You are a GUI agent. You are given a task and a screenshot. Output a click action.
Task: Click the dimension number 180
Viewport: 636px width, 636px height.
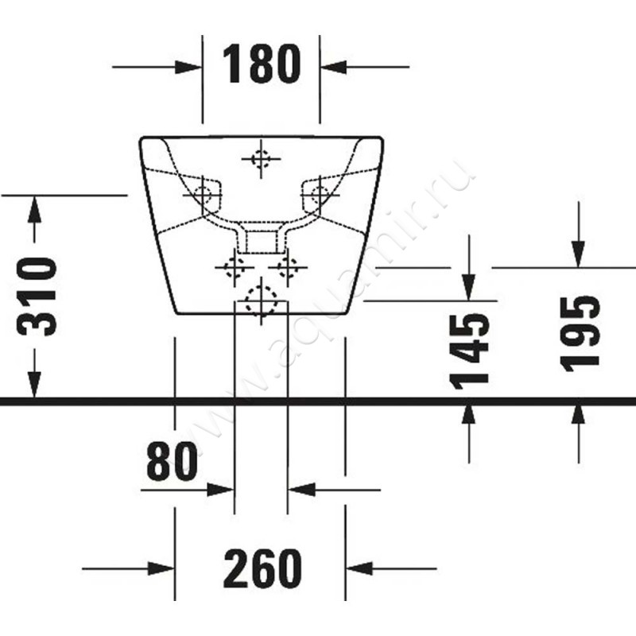262,64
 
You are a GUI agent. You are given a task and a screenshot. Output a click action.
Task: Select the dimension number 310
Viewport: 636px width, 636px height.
36,297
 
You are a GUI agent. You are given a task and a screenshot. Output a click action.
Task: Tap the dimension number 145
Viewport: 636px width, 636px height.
470,351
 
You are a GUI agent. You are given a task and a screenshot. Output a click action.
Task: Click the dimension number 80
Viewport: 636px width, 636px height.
172,461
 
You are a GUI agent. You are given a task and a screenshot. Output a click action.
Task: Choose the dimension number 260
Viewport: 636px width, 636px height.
262,568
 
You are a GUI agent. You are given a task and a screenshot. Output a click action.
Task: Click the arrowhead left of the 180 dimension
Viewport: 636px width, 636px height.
188,67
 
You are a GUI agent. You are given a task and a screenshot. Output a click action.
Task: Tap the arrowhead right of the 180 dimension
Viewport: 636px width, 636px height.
333,67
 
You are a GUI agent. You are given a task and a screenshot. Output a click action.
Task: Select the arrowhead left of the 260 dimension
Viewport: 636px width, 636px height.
161,568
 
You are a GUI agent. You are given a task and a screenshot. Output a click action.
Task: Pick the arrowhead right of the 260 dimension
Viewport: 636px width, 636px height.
359,568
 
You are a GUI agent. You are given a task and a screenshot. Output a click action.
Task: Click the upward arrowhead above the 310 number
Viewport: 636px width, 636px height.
34,209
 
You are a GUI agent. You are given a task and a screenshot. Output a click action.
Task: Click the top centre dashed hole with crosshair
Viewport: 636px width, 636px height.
261,158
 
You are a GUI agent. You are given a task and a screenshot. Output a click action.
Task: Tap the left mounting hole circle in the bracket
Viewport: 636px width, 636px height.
202,195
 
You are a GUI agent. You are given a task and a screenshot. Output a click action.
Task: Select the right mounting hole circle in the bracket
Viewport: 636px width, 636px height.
320,195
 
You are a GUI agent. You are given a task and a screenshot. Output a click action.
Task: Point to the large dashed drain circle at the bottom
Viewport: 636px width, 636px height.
262,301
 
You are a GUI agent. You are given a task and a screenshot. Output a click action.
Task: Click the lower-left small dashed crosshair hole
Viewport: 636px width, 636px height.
235,267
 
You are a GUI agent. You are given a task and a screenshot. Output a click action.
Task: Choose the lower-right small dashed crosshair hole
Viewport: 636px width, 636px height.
288,267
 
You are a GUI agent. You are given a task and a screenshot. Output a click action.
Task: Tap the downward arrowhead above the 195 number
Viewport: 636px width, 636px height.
579,254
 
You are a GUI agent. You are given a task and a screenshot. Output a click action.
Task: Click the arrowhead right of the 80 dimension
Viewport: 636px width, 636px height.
301,490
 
